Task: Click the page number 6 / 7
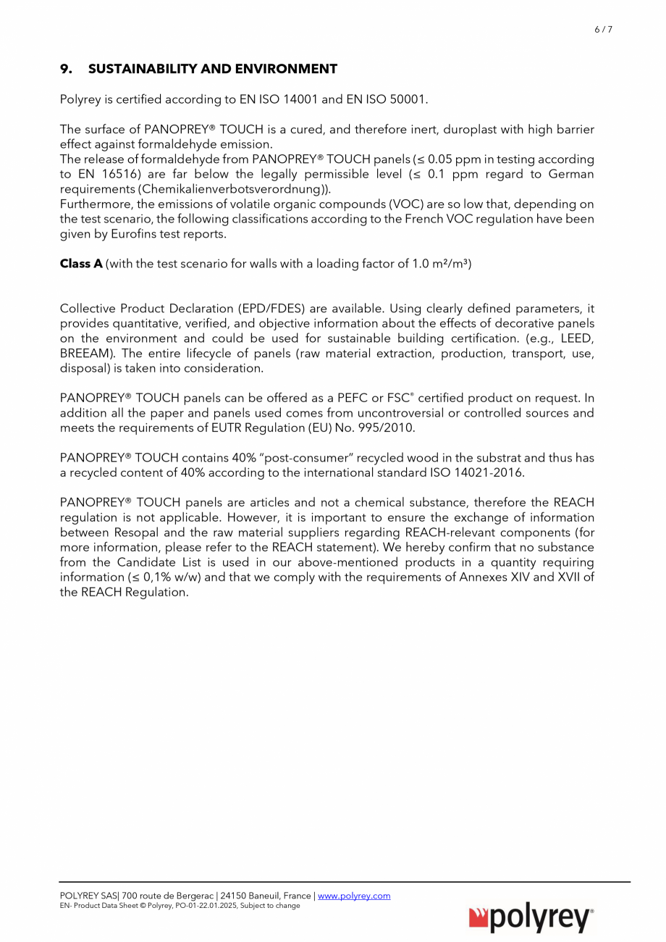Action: coord(603,30)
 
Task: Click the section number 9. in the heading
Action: coord(66,70)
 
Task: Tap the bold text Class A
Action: coord(81,264)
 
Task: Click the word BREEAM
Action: coord(84,354)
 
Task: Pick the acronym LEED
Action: coord(577,338)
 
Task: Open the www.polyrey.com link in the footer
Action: coord(354,896)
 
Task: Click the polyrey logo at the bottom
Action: coord(532,919)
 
